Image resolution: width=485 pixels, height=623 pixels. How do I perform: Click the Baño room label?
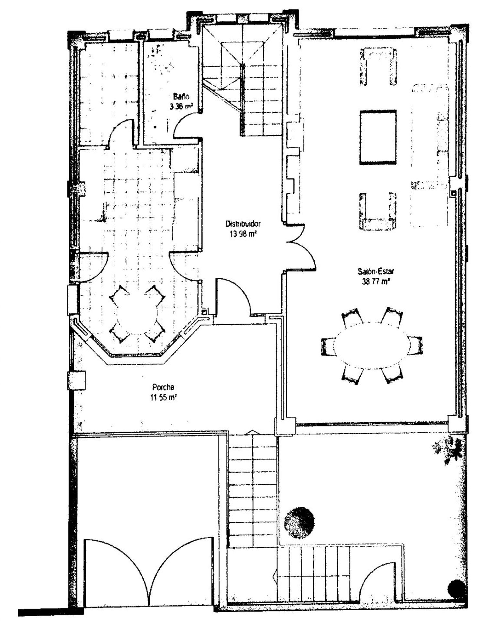tap(181, 96)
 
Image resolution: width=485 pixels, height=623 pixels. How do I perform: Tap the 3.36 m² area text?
tap(181, 106)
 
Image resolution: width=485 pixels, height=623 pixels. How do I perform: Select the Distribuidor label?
tap(243, 224)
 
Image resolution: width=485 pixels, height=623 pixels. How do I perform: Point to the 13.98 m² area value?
tap(243, 234)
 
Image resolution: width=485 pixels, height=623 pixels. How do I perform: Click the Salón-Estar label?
tap(375, 271)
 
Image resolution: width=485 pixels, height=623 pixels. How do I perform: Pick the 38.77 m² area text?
tap(376, 281)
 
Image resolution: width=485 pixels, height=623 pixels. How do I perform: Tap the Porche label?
tap(163, 387)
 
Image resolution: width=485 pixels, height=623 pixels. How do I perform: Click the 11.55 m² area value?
tap(163, 397)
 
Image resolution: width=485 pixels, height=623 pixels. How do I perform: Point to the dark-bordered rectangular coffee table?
tap(378, 137)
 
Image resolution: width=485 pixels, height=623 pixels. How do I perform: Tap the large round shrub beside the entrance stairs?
tap(299, 523)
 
